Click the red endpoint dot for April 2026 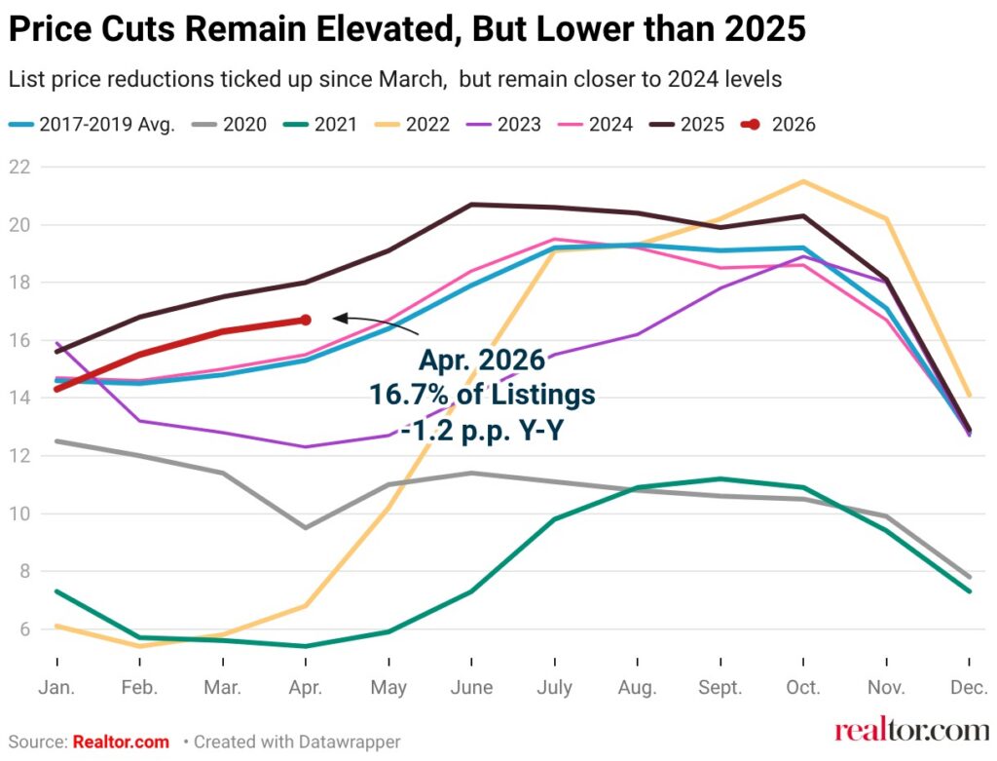coord(306,320)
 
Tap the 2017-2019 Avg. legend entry coord(92,124)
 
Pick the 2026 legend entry coord(778,124)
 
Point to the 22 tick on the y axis coord(19,167)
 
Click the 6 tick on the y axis coord(24,628)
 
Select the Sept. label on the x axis coord(720,687)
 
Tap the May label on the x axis coord(388,687)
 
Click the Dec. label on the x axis coord(969,687)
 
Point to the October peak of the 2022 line coord(803,181)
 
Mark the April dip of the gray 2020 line coord(306,527)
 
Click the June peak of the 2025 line coord(472,205)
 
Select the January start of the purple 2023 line coord(57,343)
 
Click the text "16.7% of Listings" coord(483,395)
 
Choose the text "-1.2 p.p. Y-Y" coord(483,431)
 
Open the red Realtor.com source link coord(121,742)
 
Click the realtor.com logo coord(911,731)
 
